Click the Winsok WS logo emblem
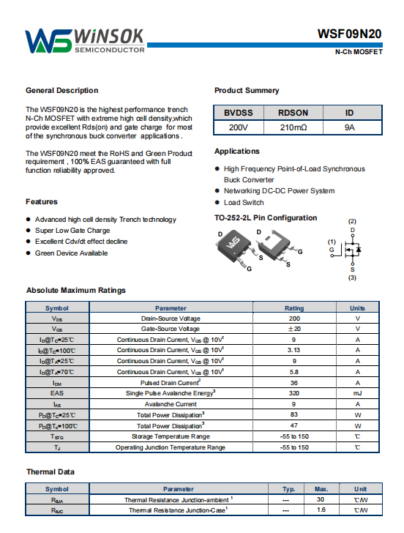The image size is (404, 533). pos(48,41)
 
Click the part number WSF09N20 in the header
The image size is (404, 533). pos(349,34)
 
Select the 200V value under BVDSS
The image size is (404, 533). pos(238,127)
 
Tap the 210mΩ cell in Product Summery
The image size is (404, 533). pos(293,127)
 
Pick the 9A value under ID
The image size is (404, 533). pos(349,127)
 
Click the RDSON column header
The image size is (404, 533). pos(293,113)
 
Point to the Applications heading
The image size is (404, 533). pos(237,152)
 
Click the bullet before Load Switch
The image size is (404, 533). pos(217,203)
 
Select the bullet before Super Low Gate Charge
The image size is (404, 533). pos(29,231)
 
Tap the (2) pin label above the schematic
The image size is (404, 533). pos(352,221)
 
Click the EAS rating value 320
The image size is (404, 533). pos(294,393)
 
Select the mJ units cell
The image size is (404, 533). pos(357,393)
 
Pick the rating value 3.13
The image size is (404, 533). pos(293,350)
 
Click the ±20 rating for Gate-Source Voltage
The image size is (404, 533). pos(294,329)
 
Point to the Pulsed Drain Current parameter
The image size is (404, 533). pos(171,382)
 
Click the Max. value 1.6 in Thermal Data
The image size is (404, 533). pos(321,510)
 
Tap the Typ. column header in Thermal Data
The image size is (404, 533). pos(288,489)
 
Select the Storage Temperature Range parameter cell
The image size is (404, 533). pos(171,436)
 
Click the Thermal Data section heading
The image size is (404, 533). pos(50,471)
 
